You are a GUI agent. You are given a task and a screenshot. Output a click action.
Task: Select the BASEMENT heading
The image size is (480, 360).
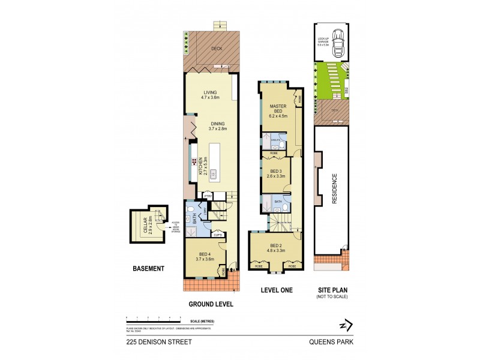pyautogui.click(x=148, y=269)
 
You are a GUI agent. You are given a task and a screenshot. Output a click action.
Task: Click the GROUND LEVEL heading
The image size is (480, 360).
pyautogui.click(x=210, y=304)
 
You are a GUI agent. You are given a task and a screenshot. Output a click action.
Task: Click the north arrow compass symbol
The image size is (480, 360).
pyautogui.click(x=343, y=325)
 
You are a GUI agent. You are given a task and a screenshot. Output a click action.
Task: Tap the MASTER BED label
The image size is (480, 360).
pyautogui.click(x=278, y=110)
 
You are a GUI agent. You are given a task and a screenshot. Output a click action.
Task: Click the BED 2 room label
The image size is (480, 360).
pyautogui.click(x=276, y=247)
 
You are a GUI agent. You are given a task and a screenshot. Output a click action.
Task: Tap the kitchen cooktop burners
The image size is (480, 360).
pyautogui.click(x=194, y=161)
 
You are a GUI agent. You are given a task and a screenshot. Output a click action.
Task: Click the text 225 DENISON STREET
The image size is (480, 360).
pyautogui.click(x=151, y=343)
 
